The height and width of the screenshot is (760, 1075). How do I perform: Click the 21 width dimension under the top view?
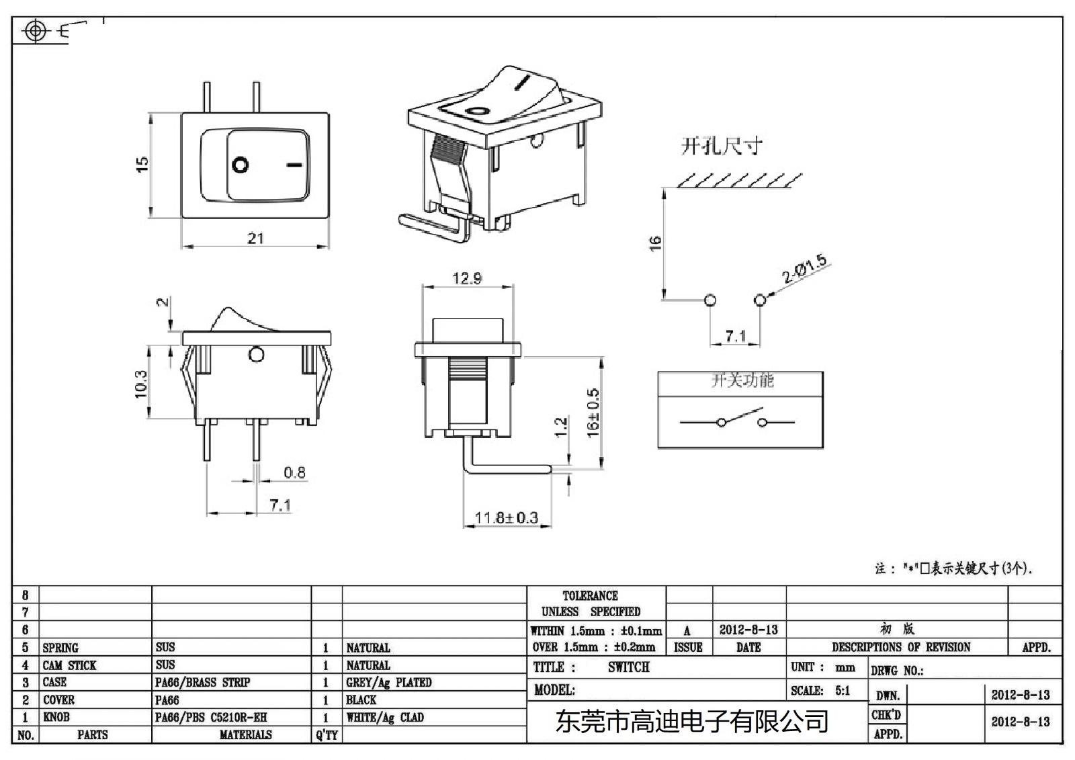point(255,239)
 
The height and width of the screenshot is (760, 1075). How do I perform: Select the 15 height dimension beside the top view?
point(142,165)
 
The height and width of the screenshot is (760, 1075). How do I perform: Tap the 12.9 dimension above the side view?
point(466,278)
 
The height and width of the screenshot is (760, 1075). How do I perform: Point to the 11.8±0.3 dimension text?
point(506,518)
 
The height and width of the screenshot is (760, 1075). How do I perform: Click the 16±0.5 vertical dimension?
point(593,413)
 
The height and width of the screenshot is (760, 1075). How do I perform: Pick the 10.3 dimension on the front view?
point(141,383)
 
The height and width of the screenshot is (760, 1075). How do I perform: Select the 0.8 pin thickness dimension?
point(294,472)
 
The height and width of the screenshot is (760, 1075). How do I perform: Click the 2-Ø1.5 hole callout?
point(804,269)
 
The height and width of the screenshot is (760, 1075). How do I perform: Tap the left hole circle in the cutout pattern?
point(710,300)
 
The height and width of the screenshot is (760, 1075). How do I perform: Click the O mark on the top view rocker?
point(241,165)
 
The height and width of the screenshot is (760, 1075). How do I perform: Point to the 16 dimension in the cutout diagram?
point(655,243)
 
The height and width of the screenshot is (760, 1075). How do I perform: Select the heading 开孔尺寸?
point(722,146)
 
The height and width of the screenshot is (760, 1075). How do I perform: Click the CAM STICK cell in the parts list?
point(69,665)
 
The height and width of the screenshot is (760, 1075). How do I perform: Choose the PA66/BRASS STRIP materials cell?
point(202,683)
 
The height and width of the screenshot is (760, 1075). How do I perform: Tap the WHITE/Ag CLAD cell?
point(385,718)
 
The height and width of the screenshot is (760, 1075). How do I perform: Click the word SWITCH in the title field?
point(628,667)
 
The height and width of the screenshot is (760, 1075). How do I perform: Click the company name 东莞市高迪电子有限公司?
point(691,722)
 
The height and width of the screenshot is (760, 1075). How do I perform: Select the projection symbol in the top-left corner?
point(37,31)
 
